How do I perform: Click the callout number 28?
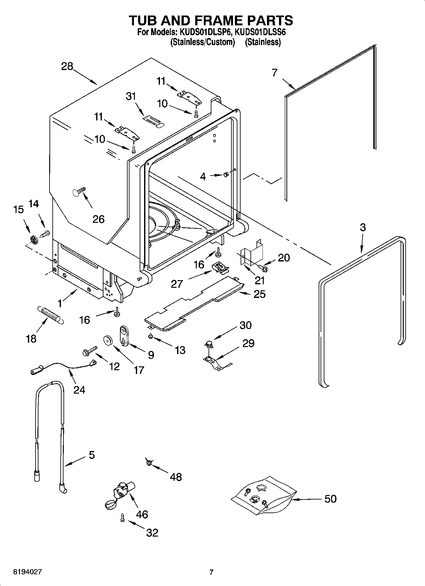(x=67, y=67)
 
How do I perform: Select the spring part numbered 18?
(x=51, y=314)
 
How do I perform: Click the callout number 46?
(x=142, y=514)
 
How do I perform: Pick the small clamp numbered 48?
(x=149, y=463)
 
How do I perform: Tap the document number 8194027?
(x=27, y=572)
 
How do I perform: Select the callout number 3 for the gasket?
(x=362, y=227)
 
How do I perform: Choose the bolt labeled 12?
(x=90, y=351)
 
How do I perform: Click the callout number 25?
(x=259, y=294)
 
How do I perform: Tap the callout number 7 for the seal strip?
(x=275, y=73)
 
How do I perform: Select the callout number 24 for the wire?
(x=79, y=389)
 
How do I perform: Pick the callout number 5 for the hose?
(x=91, y=455)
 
